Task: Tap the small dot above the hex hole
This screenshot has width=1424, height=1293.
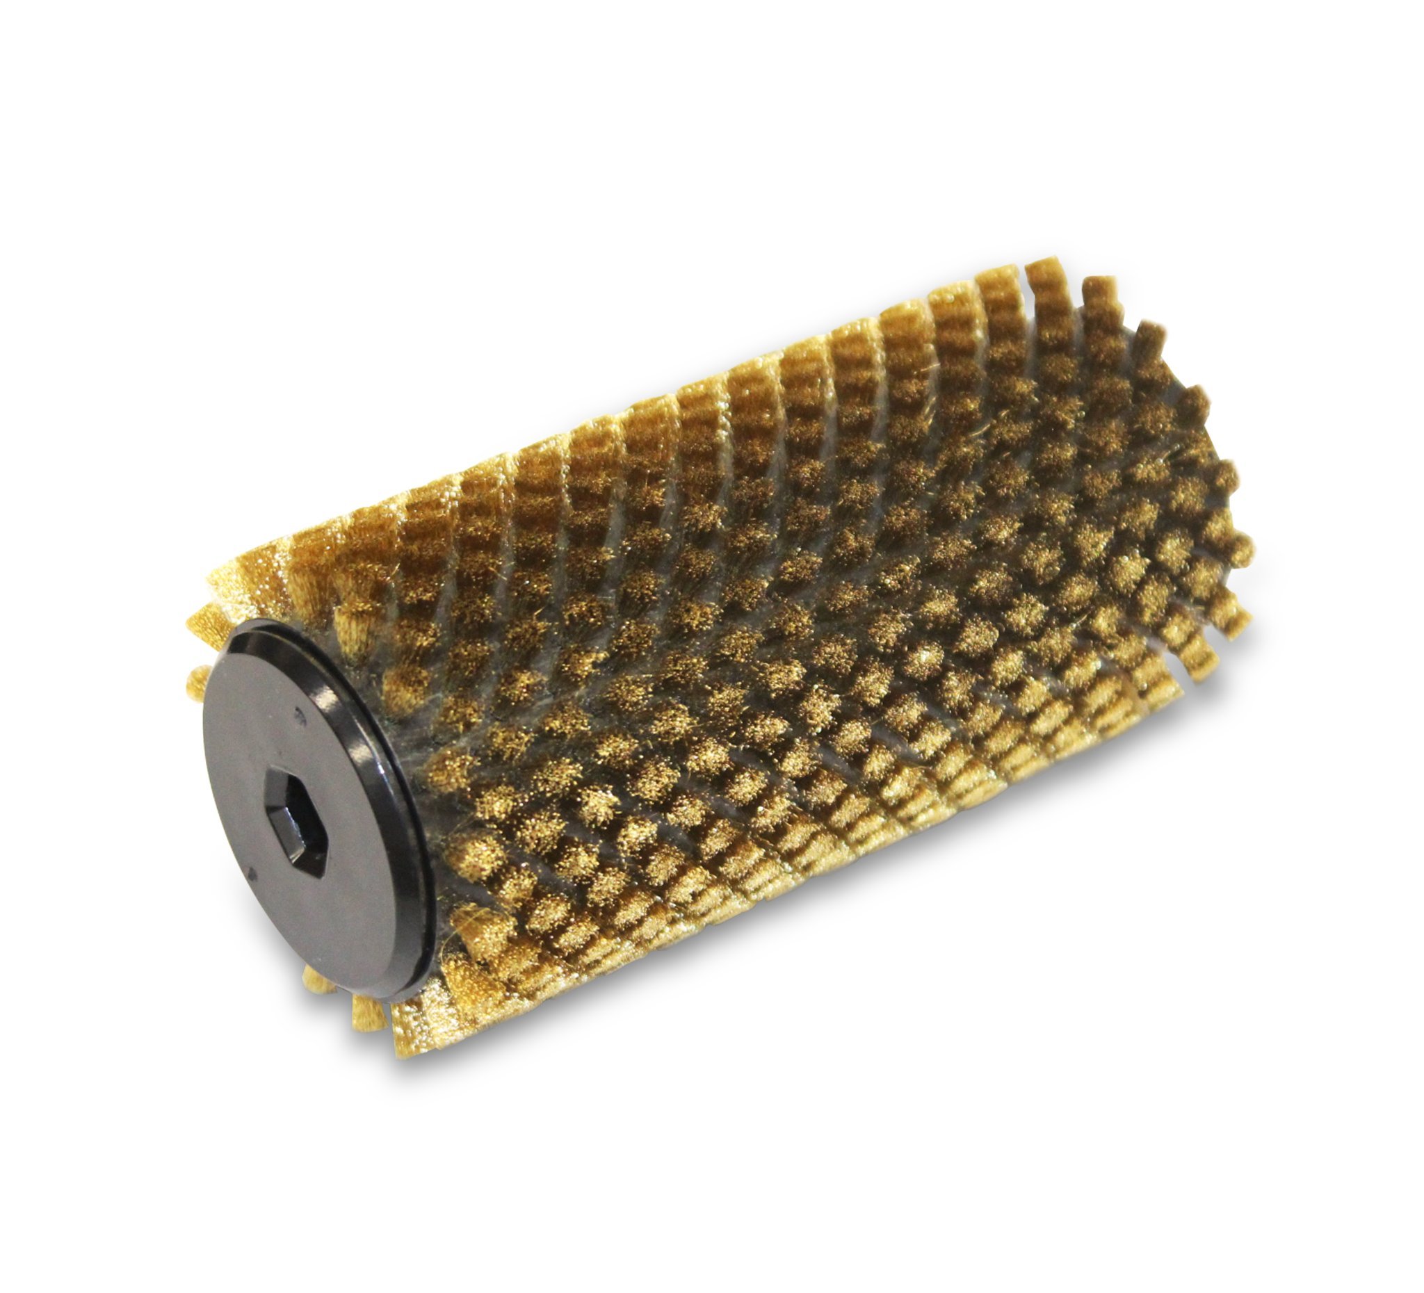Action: (302, 715)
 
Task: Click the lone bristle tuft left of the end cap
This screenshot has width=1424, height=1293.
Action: (197, 681)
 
